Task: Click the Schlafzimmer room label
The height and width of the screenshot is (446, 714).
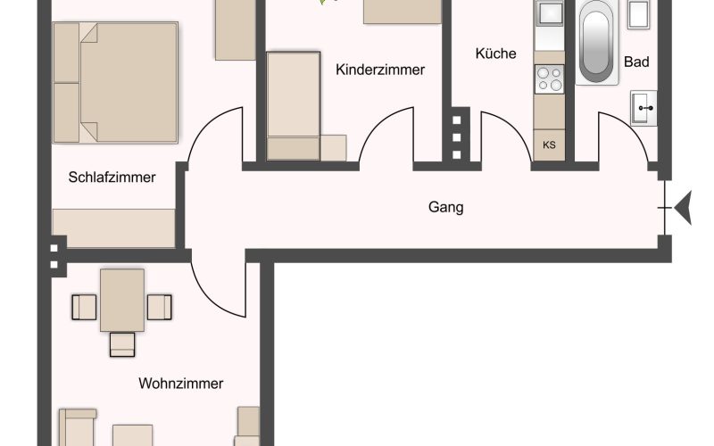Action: coord(112,177)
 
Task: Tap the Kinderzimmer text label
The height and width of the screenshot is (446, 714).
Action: coord(380,70)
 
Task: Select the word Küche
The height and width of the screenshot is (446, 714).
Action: coord(495,54)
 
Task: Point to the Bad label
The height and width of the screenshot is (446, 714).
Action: coord(636,62)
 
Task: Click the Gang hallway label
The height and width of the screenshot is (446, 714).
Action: coord(445,208)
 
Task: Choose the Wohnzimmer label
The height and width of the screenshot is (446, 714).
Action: coord(181,384)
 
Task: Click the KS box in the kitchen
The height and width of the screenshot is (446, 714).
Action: coord(549,145)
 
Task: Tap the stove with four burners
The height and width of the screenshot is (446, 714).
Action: coord(550,79)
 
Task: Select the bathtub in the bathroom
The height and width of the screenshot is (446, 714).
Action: coord(596,42)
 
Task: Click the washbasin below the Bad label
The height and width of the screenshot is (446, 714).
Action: coord(643,108)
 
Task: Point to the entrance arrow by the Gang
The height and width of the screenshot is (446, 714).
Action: coord(683,208)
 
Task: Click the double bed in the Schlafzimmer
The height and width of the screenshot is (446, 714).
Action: coord(115,83)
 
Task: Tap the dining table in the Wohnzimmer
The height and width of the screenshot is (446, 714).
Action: coord(122,301)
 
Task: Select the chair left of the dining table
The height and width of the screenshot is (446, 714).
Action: coord(84,307)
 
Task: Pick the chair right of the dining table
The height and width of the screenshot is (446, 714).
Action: coord(160,307)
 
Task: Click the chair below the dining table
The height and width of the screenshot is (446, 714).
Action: coord(122,344)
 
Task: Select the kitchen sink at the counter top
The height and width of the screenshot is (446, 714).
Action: coord(549,13)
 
